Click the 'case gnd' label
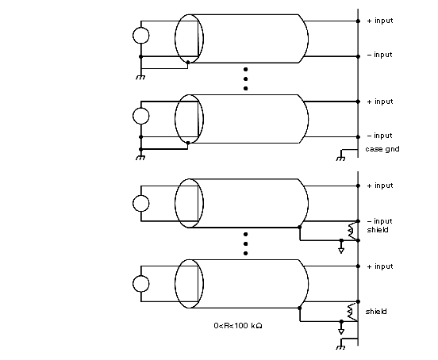tap(382, 149)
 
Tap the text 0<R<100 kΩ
tap(238, 326)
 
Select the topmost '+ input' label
tap(380, 21)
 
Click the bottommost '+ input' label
tap(380, 266)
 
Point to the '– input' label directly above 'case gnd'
tap(379, 136)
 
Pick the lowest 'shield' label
tap(376, 312)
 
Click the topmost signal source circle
tap(140, 36)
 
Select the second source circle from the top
tap(140, 116)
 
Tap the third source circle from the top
tap(140, 203)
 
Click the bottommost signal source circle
tap(140, 284)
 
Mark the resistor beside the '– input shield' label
tap(352, 231)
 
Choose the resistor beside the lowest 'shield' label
tap(352, 312)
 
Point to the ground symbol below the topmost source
tap(140, 77)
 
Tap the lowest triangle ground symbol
tap(341, 331)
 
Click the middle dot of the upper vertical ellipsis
tap(245, 79)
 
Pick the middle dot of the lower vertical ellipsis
tap(245, 244)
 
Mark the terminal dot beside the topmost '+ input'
tap(358, 21)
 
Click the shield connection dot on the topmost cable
tap(188, 62)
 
